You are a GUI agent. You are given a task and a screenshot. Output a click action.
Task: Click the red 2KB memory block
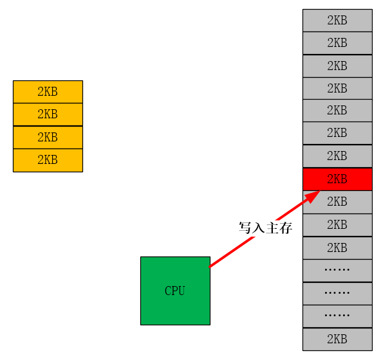(x=337, y=179)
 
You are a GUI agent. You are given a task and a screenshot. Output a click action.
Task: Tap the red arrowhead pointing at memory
(x=313, y=196)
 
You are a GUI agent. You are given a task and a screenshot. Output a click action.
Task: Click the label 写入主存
(x=265, y=228)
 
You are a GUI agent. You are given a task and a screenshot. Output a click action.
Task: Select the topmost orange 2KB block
(x=48, y=91)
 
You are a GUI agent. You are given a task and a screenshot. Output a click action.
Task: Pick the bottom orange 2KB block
(x=48, y=160)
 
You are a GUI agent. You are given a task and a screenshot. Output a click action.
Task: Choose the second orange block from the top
(x=48, y=114)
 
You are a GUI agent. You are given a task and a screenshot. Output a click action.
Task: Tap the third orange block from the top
(x=48, y=137)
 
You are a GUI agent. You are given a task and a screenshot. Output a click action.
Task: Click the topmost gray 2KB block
(x=337, y=20)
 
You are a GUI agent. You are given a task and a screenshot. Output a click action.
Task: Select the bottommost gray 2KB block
(x=337, y=339)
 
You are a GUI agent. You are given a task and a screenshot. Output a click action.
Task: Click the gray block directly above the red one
(x=337, y=156)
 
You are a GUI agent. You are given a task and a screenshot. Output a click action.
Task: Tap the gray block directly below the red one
(x=337, y=201)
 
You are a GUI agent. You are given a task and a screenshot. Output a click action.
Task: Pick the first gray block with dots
(x=337, y=270)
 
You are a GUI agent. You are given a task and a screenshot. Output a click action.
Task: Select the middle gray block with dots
(x=337, y=293)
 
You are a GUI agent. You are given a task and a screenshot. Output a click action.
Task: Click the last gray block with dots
(x=337, y=316)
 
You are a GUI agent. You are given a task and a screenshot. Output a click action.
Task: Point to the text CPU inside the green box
(x=175, y=291)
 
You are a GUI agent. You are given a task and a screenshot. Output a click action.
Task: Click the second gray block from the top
(x=337, y=43)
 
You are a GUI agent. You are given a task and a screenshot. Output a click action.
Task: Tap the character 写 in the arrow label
(x=245, y=228)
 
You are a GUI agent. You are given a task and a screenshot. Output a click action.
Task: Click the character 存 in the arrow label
(x=286, y=228)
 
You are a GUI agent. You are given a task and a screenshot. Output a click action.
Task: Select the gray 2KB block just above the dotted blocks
(x=337, y=248)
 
